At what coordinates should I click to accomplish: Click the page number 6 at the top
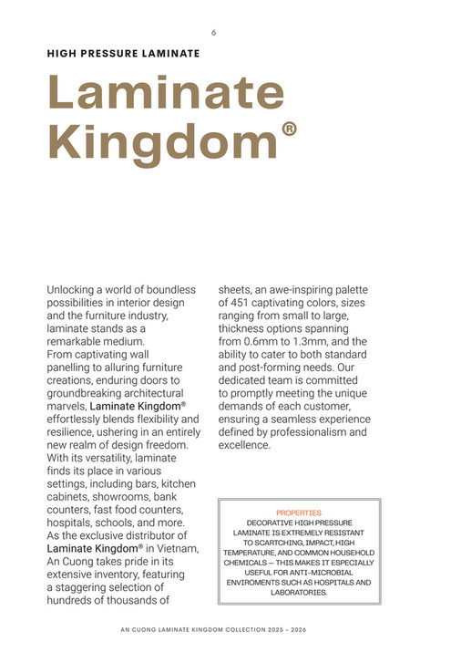click(213, 32)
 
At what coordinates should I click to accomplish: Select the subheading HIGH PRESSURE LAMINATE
click(123, 54)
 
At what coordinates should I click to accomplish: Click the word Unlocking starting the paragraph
click(74, 290)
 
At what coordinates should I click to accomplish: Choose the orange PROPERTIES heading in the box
click(298, 513)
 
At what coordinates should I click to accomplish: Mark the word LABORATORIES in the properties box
click(299, 592)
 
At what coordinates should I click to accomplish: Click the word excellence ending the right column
click(244, 445)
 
